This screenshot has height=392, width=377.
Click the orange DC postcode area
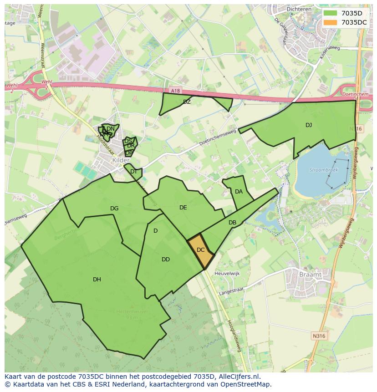point(200,250)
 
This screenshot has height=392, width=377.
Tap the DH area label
point(97,280)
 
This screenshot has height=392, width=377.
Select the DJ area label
point(309,125)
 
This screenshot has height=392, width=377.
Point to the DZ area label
point(187,102)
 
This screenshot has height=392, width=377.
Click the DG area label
point(114,209)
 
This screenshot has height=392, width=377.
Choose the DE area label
point(183,208)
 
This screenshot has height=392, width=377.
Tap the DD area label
point(166,260)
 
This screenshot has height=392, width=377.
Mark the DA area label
point(239,192)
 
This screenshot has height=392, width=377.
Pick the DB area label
point(232,223)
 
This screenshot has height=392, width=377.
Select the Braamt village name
point(311,275)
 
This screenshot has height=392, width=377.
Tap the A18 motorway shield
point(176,91)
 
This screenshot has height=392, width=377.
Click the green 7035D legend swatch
point(331,13)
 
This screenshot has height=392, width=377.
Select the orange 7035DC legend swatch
point(331,22)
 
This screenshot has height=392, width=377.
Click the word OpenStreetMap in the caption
point(248,384)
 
